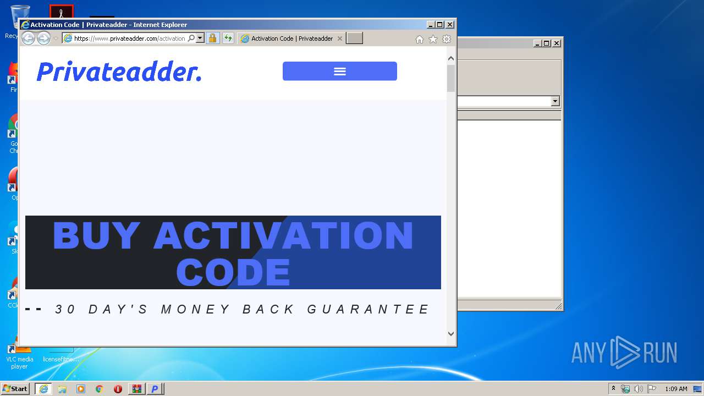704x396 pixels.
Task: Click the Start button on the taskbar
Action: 15,389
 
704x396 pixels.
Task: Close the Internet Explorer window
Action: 450,25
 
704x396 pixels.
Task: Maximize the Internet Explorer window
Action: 439,25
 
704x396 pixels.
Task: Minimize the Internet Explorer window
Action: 431,25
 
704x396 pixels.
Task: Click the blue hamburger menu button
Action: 339,71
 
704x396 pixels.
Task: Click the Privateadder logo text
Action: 119,72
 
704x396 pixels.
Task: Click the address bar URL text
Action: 129,38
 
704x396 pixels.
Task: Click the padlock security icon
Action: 212,38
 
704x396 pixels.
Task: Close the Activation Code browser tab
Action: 339,38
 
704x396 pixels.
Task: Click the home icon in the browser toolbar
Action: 420,39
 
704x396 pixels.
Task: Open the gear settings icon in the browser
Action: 447,39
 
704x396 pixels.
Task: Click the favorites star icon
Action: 433,39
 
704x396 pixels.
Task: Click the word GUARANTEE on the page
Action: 368,310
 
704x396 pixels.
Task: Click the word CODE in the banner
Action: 233,272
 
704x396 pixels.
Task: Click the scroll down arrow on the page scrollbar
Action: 451,333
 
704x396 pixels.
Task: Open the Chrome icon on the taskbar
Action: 99,389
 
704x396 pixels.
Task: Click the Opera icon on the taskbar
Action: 118,389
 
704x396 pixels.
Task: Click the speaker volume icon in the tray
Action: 639,389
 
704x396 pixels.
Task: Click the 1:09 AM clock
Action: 676,389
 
